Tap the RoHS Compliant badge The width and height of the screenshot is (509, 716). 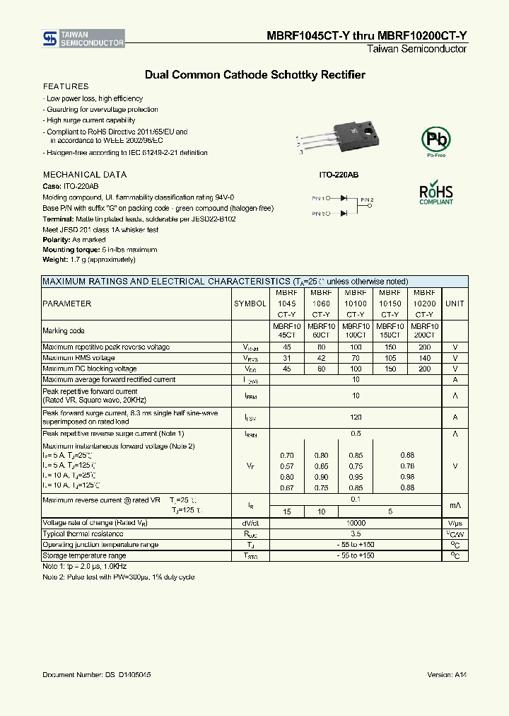tap(435, 194)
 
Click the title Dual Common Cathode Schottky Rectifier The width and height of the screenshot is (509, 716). tap(255, 74)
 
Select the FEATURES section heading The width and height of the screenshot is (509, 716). tap(66, 86)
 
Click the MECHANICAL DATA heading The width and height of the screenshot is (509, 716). tap(85, 175)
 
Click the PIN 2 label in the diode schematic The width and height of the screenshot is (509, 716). tap(366, 200)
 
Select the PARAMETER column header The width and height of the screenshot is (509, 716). tap(67, 304)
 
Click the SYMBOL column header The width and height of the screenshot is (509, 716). tap(250, 304)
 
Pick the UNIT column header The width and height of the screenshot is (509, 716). tap(455, 304)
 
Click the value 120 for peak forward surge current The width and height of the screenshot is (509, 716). tap(356, 417)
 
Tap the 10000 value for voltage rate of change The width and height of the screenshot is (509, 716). tap(356, 523)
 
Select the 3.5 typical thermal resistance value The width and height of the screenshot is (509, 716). tap(356, 534)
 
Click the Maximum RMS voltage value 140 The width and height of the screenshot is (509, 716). tap(424, 358)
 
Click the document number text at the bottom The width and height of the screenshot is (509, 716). tap(96, 676)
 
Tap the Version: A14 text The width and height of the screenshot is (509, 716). tap(447, 676)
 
